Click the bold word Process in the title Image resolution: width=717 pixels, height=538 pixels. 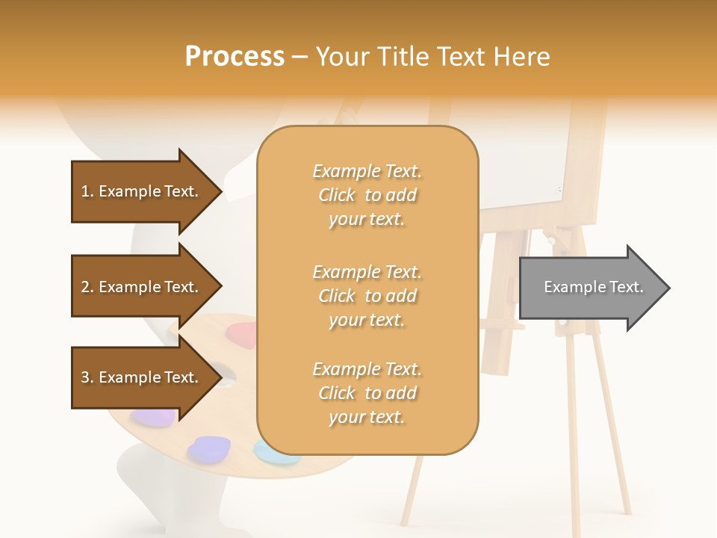click(x=235, y=57)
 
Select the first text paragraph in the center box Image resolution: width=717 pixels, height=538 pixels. click(x=367, y=195)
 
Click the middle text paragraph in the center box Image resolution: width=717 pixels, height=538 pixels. click(x=367, y=296)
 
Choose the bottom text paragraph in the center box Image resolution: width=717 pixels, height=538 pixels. click(x=367, y=393)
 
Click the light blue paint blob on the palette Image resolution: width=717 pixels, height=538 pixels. click(x=272, y=451)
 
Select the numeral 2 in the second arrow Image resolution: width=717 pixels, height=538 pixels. click(x=85, y=287)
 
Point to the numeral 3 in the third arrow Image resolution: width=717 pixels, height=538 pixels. click(x=85, y=377)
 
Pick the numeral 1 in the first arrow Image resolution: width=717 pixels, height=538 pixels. click(x=85, y=191)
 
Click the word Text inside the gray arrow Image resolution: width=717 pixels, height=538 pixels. click(x=626, y=287)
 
